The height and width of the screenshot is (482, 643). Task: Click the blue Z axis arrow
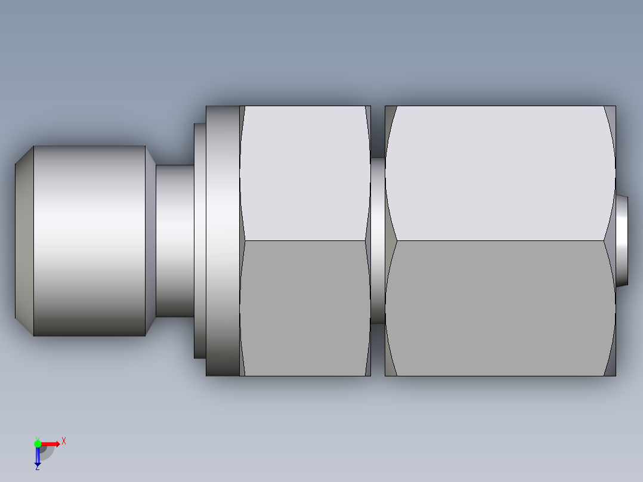38,456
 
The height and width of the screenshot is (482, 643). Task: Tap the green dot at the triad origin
38,443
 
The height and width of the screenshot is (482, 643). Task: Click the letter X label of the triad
64,441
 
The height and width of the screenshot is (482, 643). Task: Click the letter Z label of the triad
37,468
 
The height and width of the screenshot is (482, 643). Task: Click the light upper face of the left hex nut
304,173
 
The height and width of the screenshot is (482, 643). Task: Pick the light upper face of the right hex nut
500,173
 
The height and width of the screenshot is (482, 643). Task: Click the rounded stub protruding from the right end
622,240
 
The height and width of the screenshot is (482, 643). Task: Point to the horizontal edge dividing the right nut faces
500,241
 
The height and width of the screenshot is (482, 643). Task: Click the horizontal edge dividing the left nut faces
304,241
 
